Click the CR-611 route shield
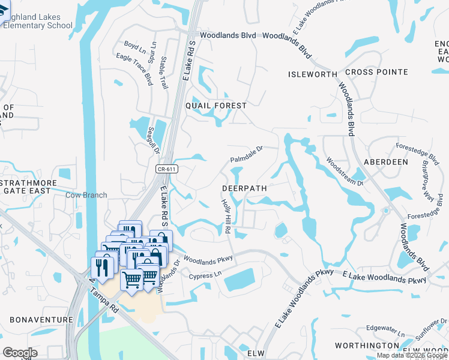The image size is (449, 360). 167,170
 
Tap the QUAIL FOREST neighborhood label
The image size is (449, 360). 216,106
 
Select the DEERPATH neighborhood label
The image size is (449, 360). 244,188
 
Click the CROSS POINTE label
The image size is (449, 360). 376,73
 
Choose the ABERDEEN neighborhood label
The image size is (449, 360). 385,162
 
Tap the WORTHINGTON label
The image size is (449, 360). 366,346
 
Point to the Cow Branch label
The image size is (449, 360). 86,195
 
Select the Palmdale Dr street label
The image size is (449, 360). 247,154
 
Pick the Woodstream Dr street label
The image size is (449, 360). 345,172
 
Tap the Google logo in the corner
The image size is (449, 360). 20,352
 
